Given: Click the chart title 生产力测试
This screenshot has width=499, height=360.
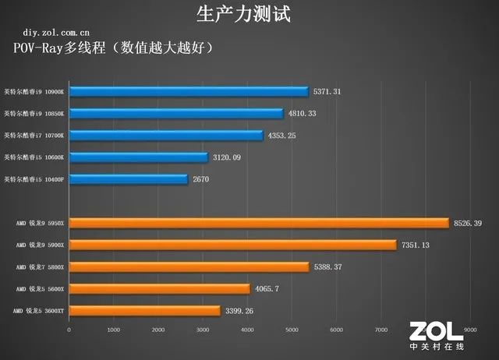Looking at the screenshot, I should pyautogui.click(x=249, y=13).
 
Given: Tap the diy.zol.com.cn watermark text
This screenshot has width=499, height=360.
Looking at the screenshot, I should pyautogui.click(x=56, y=34).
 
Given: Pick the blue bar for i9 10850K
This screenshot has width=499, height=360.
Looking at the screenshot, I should pyautogui.click(x=176, y=113).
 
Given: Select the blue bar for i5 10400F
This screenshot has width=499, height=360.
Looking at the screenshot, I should pyautogui.click(x=129, y=178).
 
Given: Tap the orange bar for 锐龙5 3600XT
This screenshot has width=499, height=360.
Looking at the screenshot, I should pyautogui.click(x=145, y=310).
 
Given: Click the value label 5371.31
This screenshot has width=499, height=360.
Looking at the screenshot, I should pyautogui.click(x=327, y=91).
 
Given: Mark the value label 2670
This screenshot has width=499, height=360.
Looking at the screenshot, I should pyautogui.click(x=201, y=178).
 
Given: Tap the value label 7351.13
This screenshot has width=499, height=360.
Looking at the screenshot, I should pyautogui.click(x=414, y=245).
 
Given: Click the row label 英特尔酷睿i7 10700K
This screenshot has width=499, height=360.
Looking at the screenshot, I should pyautogui.click(x=35, y=135).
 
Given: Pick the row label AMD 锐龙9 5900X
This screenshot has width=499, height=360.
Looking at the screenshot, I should pyautogui.click(x=39, y=245).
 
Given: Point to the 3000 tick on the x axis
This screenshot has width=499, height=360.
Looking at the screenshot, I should pyautogui.click(x=203, y=330).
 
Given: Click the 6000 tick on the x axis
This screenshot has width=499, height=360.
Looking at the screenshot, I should pyautogui.click(x=336, y=330).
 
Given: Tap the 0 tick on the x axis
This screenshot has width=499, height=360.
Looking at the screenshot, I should pyautogui.click(x=69, y=330).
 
